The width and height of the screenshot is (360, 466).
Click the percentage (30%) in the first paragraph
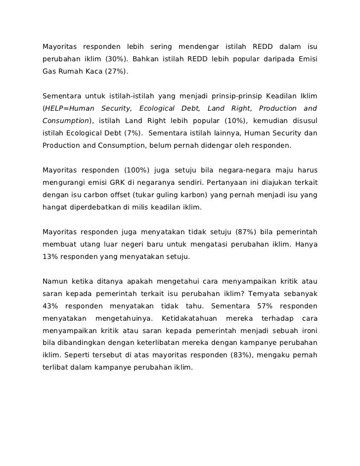(x=117, y=60)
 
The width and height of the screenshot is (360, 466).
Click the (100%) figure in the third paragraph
(x=136, y=171)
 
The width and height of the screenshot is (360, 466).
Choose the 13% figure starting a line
(x=50, y=257)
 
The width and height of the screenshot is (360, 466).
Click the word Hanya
(x=306, y=245)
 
